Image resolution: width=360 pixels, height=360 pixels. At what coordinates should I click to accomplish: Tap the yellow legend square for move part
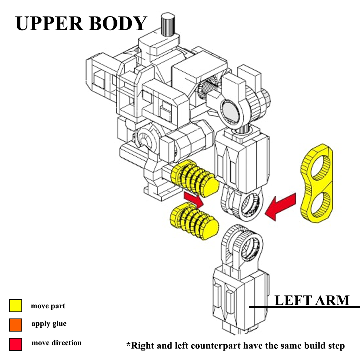click(15, 306)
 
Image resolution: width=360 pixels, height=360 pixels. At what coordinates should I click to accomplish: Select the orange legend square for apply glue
click(15, 325)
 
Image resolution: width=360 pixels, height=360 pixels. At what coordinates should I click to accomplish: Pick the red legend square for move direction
click(15, 344)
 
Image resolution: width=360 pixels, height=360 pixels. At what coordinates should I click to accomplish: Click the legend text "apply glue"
click(49, 323)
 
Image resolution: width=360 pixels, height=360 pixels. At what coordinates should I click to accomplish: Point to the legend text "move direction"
click(56, 343)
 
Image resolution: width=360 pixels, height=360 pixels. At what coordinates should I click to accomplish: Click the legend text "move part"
click(48, 306)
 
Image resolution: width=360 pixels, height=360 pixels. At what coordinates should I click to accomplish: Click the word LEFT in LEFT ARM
click(293, 301)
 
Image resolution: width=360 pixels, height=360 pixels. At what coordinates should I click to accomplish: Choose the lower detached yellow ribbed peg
click(194, 222)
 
